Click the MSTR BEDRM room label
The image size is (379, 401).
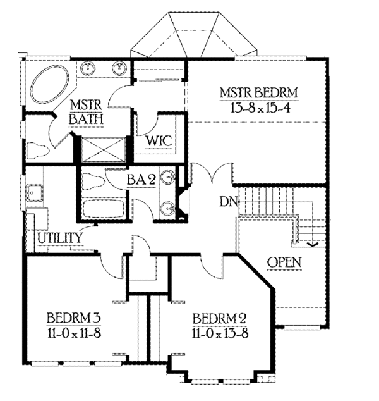258,94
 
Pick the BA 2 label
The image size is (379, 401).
141,180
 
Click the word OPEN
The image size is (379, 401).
284,261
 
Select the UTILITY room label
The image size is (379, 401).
60,238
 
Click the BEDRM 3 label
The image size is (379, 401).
75,318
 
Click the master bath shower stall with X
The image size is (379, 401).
103,149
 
